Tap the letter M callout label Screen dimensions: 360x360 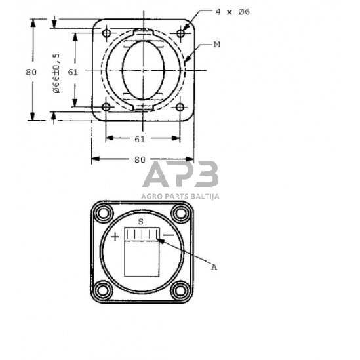217,44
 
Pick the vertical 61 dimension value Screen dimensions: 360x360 72,72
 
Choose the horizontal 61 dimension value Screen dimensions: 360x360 140,138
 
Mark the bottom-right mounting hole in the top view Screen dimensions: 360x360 180,107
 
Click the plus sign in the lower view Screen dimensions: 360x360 115,236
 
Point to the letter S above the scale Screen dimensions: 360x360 140,222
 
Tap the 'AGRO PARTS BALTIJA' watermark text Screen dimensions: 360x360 180,195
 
